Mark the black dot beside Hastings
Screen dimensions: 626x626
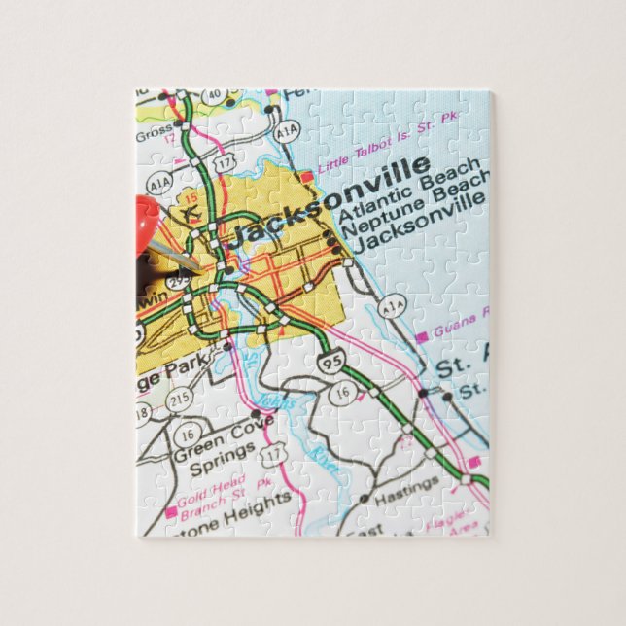click(363, 498)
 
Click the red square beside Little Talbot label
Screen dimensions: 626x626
click(307, 178)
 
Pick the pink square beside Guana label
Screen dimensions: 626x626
click(422, 337)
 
